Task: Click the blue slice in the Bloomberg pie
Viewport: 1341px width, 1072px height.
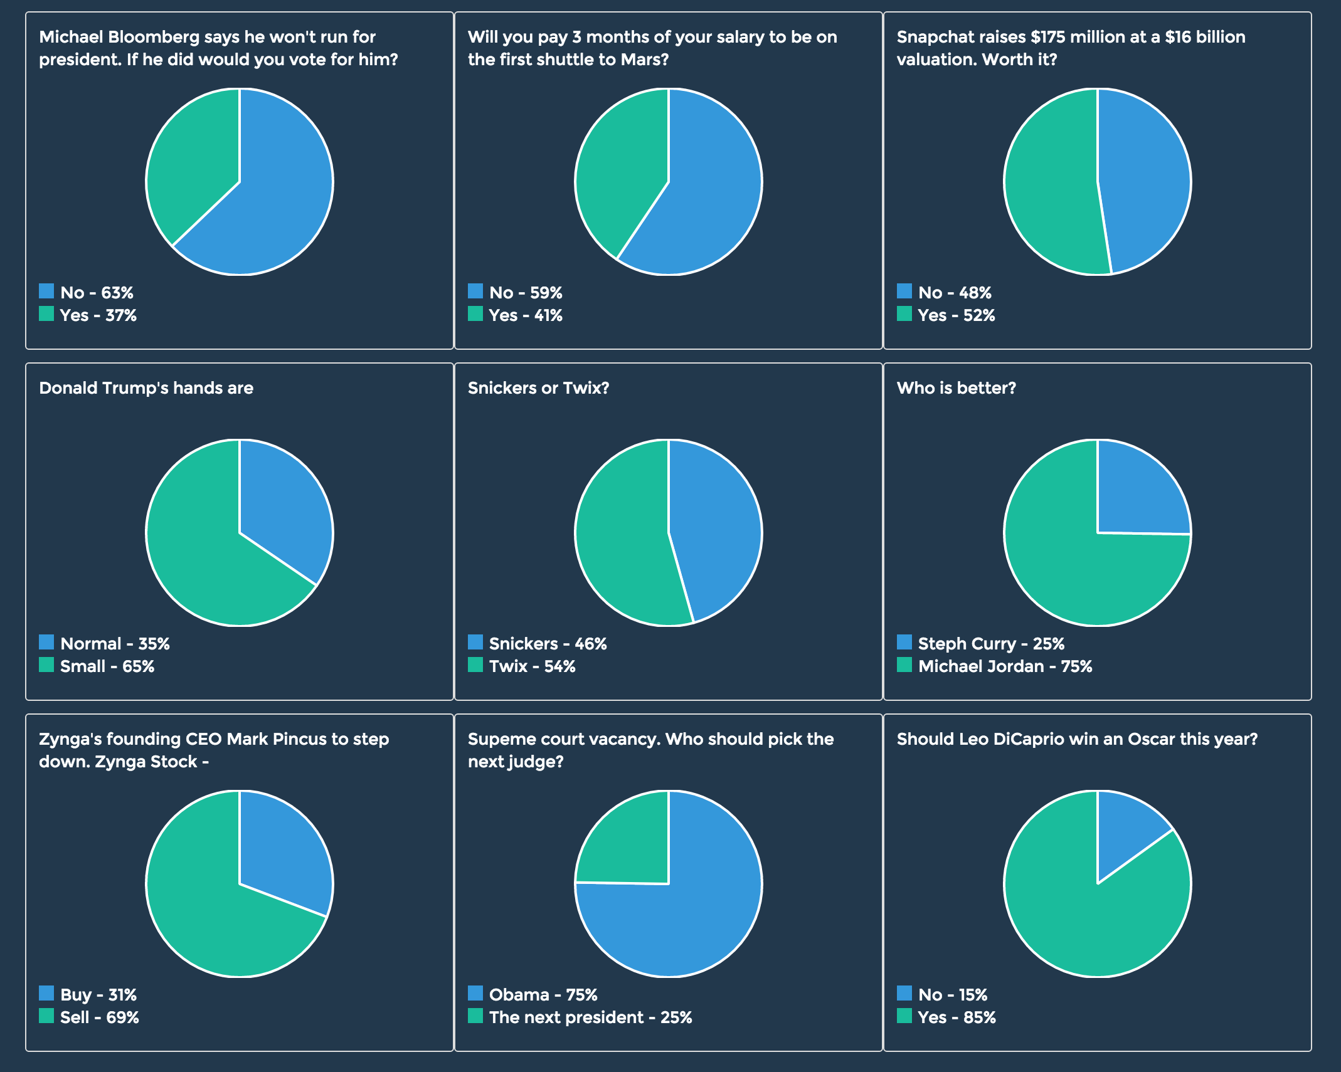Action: coord(276,194)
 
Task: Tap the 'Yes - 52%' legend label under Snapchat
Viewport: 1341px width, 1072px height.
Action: coord(956,315)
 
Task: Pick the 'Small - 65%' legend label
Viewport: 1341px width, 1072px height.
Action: coord(107,666)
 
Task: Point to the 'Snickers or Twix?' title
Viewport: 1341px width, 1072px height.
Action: coord(538,388)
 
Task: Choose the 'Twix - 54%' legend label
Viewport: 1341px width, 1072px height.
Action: coord(532,666)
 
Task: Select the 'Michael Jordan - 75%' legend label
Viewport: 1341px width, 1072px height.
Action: coord(1005,666)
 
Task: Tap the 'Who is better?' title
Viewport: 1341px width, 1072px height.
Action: coord(956,388)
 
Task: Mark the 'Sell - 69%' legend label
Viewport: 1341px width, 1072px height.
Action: coord(99,1017)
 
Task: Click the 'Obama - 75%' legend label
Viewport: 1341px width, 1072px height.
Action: coord(543,995)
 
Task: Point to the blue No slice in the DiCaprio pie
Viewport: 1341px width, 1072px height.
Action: coord(1123,828)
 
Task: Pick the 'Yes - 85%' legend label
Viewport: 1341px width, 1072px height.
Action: coord(957,1017)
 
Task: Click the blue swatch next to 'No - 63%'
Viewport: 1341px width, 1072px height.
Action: coord(46,291)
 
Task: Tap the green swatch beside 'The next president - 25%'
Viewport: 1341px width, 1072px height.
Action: coord(475,1016)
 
